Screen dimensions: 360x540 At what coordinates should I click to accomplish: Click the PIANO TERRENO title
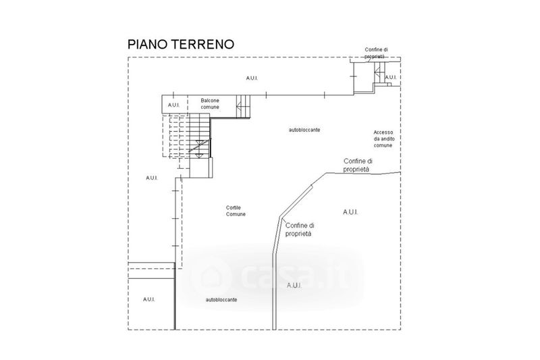click(x=181, y=45)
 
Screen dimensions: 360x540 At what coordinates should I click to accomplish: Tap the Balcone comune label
click(x=209, y=104)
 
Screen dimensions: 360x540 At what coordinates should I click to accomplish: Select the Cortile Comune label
click(x=236, y=211)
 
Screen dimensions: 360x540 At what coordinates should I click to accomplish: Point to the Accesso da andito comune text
click(x=383, y=138)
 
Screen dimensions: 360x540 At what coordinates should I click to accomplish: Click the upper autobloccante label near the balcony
click(x=304, y=128)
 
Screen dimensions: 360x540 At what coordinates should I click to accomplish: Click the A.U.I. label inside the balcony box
click(x=173, y=105)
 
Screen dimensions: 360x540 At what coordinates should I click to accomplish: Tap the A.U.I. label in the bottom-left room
click(x=149, y=299)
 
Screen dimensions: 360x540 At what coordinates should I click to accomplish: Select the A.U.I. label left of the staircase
click(x=151, y=178)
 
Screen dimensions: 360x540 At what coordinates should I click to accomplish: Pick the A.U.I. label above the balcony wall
click(x=252, y=78)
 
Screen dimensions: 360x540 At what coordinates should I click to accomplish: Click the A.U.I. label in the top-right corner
click(x=391, y=78)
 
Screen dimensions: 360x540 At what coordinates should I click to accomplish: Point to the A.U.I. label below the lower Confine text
click(x=294, y=285)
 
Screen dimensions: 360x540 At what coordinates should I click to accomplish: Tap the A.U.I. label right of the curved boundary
click(x=350, y=212)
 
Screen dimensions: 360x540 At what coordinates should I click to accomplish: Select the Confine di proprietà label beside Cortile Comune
click(x=300, y=229)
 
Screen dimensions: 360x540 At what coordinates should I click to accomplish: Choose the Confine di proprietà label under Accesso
click(x=357, y=165)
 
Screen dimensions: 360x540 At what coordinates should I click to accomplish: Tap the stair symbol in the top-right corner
click(x=379, y=76)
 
